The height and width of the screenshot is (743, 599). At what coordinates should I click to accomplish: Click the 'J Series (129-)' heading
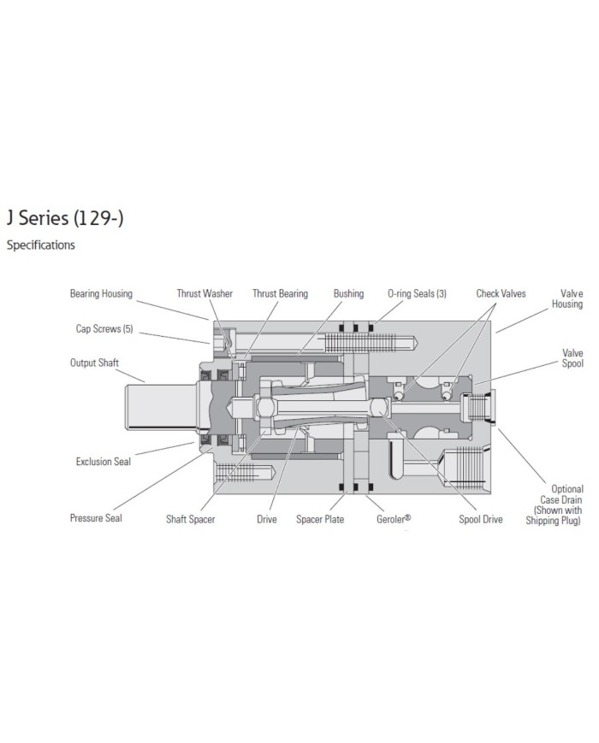click(65, 219)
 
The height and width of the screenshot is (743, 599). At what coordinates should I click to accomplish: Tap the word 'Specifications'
click(40, 245)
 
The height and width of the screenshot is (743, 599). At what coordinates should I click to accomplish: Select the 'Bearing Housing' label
click(101, 294)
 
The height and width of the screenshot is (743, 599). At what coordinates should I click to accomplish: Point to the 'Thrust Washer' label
click(205, 294)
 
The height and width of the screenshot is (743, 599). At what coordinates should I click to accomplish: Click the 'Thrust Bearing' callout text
click(280, 294)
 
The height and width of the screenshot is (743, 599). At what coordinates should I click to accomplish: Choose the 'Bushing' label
click(348, 294)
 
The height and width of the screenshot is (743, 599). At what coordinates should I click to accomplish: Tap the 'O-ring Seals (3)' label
click(417, 294)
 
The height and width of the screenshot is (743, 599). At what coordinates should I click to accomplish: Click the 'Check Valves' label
click(501, 294)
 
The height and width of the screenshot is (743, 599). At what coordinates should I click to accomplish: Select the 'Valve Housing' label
click(566, 298)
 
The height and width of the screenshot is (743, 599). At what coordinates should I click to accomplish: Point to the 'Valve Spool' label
click(572, 357)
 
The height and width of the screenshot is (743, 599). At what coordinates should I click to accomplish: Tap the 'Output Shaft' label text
click(94, 363)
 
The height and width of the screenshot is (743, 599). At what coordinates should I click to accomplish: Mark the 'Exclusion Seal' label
click(104, 462)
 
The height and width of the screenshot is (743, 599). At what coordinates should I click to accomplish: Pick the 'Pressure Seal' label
click(96, 518)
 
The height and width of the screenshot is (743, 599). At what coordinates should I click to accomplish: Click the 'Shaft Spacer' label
click(191, 519)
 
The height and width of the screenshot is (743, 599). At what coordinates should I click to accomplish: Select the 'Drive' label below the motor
click(266, 519)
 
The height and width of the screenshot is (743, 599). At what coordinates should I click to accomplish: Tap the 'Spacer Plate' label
click(320, 519)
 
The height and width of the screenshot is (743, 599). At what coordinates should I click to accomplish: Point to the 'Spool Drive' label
click(481, 519)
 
